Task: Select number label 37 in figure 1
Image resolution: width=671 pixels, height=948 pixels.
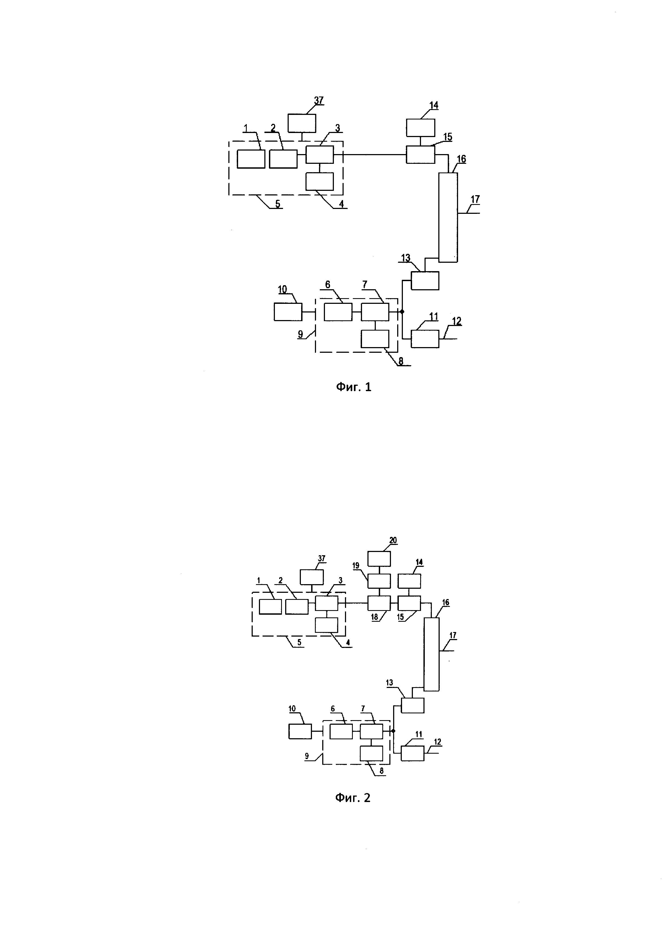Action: (x=318, y=100)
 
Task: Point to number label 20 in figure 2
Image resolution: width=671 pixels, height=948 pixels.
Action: (x=393, y=540)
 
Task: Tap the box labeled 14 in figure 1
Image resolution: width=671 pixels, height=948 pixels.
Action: (x=421, y=128)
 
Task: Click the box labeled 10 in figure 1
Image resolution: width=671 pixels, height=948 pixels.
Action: (x=288, y=312)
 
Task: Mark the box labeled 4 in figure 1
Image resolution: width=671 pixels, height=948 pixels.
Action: (x=319, y=181)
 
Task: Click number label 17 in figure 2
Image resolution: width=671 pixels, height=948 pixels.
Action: (x=453, y=636)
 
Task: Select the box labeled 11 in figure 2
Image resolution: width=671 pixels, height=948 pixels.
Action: (x=412, y=754)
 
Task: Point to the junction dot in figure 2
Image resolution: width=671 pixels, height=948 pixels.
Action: (x=393, y=731)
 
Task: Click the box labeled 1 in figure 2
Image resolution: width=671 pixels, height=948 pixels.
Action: (x=270, y=607)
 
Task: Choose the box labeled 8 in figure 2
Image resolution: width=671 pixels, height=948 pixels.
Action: (x=371, y=754)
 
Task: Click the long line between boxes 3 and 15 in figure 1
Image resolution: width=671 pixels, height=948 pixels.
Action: (x=370, y=154)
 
